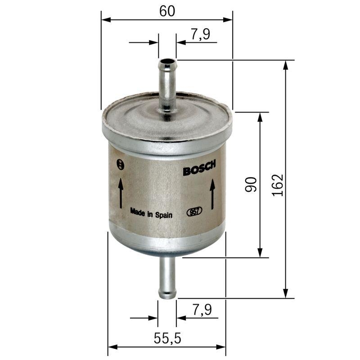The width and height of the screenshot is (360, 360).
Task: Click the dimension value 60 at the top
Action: [x=167, y=11]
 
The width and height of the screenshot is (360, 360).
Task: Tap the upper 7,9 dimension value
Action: [x=201, y=35]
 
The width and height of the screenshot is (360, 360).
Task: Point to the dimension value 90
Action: [x=251, y=184]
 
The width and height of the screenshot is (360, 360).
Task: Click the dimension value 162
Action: [x=277, y=184]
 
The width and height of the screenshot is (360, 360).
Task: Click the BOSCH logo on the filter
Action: [x=199, y=168]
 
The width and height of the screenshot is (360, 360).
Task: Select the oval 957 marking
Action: [x=194, y=211]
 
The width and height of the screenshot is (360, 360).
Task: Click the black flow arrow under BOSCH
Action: [x=213, y=193]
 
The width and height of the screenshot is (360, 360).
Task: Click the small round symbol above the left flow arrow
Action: [x=120, y=164]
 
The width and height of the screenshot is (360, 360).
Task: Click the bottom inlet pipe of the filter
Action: [x=167, y=277]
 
